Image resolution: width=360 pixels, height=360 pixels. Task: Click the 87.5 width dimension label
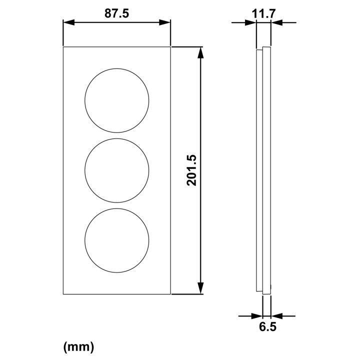(x=117, y=13)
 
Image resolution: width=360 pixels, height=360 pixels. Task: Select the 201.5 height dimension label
(x=191, y=170)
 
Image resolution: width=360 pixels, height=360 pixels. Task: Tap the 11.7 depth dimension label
(x=263, y=14)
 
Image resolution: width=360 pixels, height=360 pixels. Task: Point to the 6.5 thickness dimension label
(x=267, y=326)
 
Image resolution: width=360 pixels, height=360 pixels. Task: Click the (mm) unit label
(x=78, y=347)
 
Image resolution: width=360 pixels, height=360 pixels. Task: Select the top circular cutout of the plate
(x=117, y=68)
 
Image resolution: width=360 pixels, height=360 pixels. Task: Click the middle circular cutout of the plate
(x=117, y=138)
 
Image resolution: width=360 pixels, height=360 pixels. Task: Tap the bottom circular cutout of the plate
(x=117, y=208)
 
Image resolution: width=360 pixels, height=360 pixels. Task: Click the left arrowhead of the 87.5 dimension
(x=68, y=22)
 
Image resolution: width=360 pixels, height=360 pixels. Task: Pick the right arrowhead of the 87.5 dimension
(x=165, y=22)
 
